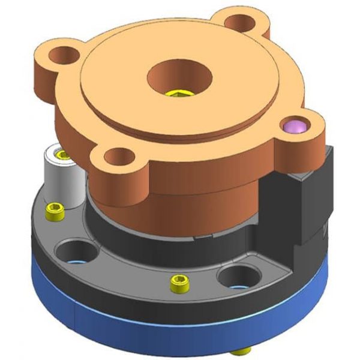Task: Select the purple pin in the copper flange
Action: coord(296,126)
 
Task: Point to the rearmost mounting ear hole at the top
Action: coord(242,22)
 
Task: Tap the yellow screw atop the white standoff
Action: coord(61,155)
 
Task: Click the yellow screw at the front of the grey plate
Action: coord(178,283)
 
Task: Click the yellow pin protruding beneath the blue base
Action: coord(244,351)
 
